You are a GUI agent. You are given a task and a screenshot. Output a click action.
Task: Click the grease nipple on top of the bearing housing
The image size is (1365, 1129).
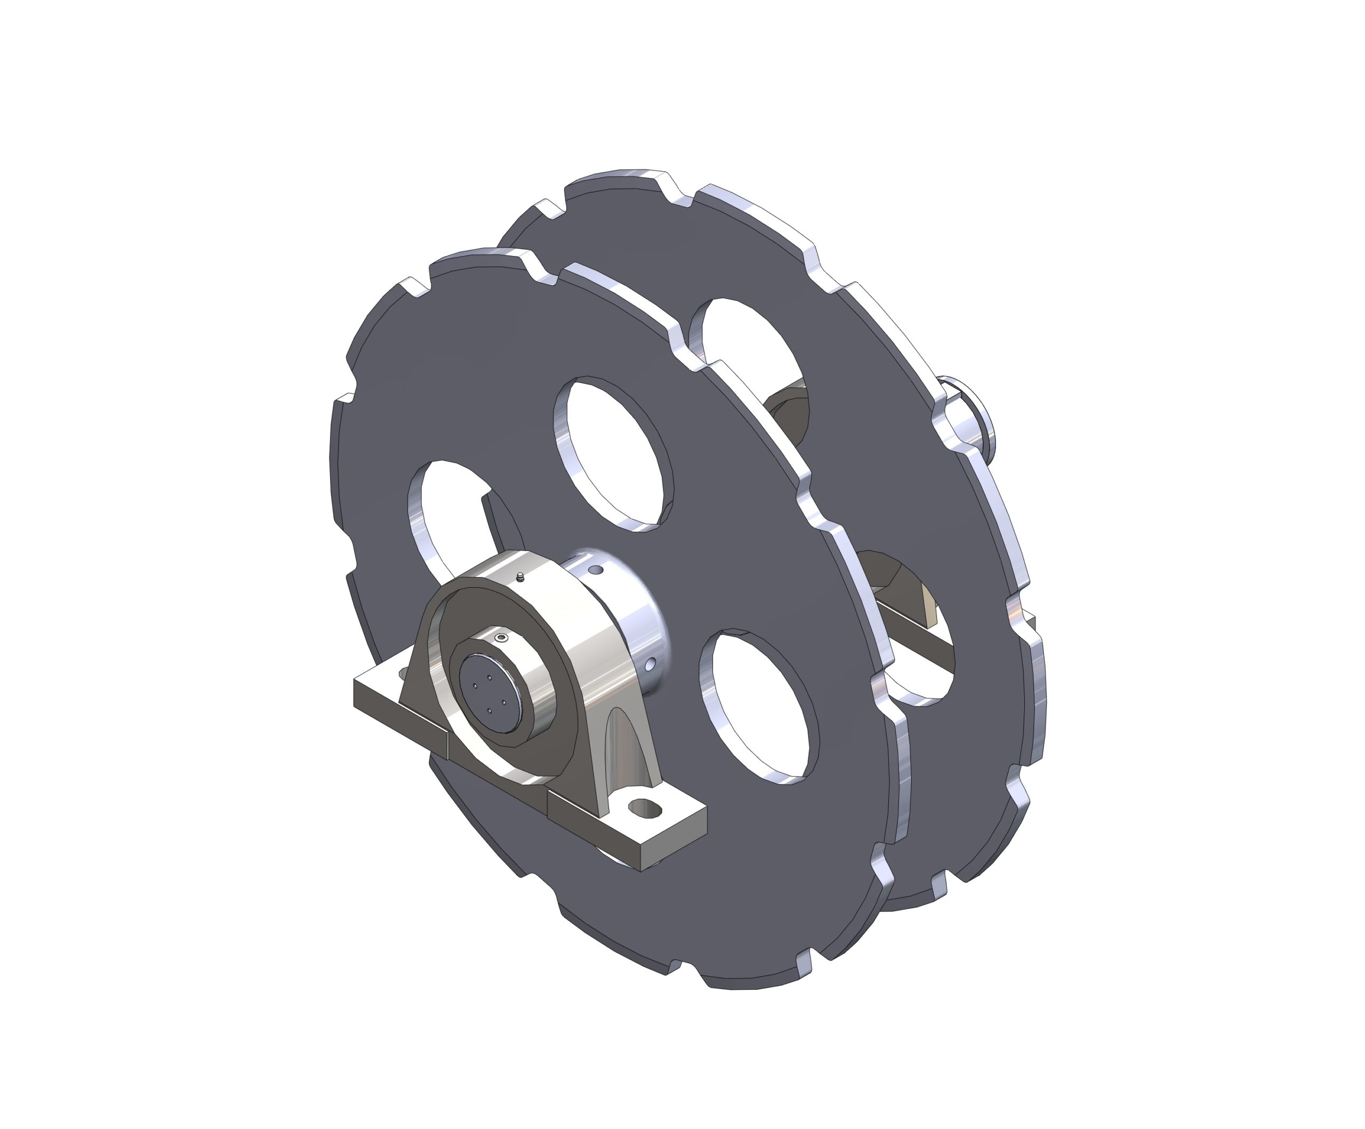tap(519, 576)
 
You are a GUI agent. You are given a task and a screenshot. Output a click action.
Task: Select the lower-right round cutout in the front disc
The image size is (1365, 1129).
tap(759, 706)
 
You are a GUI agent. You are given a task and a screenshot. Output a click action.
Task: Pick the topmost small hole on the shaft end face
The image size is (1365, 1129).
tap(489, 677)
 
